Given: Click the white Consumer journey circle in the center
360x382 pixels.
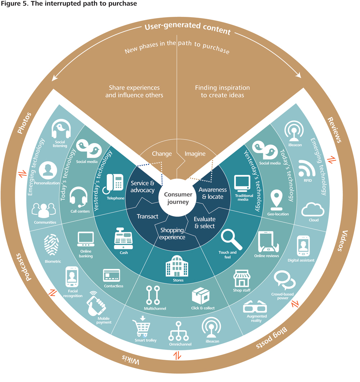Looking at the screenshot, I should tap(176, 198).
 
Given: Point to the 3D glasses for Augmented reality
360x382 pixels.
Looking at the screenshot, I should tap(255, 307).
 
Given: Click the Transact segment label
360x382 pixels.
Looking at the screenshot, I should tap(148, 217).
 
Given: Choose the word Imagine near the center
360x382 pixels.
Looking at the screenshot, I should tap(195, 154).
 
